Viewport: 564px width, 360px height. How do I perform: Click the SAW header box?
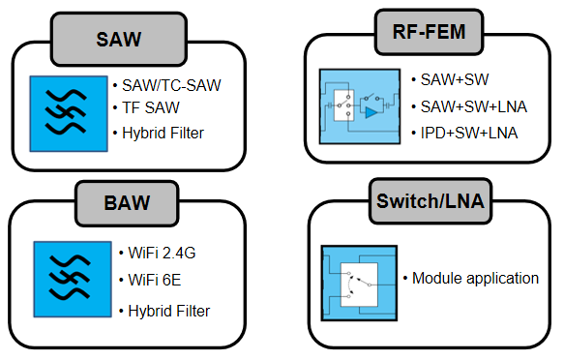click(119, 40)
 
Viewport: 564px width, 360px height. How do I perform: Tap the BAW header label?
click(127, 203)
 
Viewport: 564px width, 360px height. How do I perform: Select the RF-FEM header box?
click(429, 32)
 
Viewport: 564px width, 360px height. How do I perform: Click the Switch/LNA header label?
click(430, 201)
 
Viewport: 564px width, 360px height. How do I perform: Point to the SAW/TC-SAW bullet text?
click(171, 85)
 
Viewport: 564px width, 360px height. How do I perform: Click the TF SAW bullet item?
click(151, 107)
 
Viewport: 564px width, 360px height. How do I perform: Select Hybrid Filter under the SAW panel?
click(163, 134)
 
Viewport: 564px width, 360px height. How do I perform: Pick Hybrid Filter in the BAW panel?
click(169, 311)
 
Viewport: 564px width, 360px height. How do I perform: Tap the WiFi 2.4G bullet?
click(162, 254)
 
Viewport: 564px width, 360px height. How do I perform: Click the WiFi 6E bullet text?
click(155, 280)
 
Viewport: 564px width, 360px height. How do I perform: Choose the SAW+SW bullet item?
click(455, 80)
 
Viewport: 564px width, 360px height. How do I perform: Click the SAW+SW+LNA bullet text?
click(474, 106)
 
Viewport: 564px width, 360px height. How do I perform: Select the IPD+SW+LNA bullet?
click(469, 134)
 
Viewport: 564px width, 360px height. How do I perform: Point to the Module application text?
click(475, 279)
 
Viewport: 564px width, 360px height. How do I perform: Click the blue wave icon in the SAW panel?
click(69, 113)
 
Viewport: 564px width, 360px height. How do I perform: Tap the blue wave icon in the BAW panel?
click(73, 280)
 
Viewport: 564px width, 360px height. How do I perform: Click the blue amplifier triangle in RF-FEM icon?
click(371, 112)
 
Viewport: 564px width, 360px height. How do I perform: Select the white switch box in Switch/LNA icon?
click(359, 285)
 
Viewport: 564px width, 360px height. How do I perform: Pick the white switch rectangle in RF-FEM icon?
click(343, 105)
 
